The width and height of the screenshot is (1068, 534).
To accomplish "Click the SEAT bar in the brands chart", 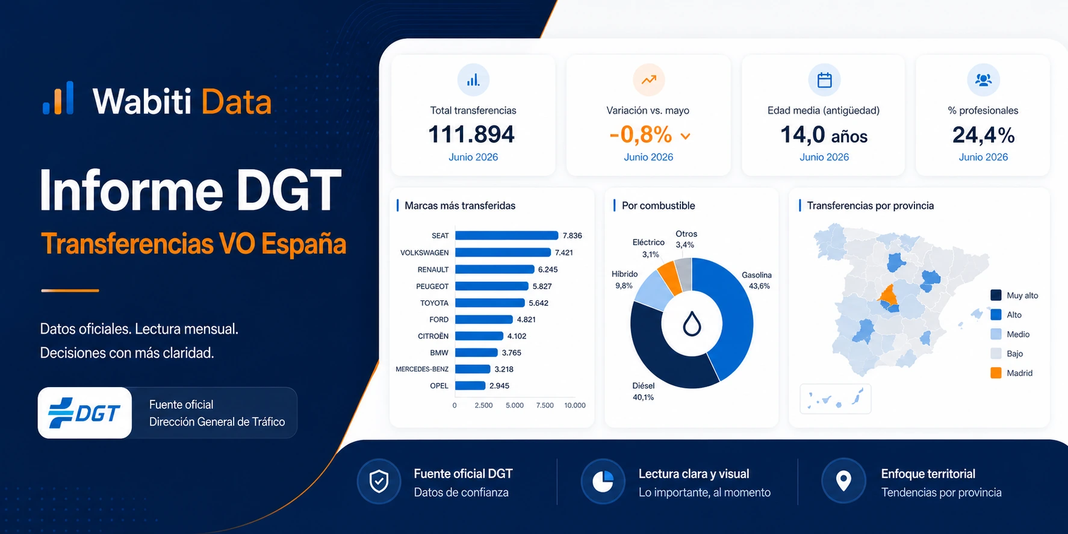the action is pos(506,235).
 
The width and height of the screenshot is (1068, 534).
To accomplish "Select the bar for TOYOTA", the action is pos(489,303).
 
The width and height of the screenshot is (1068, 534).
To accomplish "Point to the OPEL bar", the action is pos(470,386).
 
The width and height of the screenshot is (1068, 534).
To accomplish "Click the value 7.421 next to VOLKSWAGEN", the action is pos(564,253).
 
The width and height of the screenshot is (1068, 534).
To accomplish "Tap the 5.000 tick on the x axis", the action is pos(515,406).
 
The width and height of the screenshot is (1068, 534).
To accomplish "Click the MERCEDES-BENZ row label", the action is pos(422,369).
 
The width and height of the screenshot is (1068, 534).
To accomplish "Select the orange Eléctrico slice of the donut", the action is pos(669,277).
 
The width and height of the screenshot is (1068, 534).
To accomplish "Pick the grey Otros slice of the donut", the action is pos(684,274).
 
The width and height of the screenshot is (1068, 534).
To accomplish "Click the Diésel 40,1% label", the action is pos(643,391).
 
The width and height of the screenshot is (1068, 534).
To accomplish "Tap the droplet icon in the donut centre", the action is pos(692,324).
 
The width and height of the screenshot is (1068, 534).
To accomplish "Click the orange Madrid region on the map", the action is pos(888,295).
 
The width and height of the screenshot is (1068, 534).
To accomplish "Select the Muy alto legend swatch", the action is pos(996,295).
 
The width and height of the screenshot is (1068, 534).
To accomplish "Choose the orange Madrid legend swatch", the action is pos(996,373).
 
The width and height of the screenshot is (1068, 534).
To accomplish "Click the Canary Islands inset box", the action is pos(835,399).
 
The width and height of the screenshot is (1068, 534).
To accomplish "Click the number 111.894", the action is pos(471,134).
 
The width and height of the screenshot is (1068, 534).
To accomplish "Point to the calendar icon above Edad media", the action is pos(824,79).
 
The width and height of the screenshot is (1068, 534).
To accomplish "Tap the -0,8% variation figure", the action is pos(641,135).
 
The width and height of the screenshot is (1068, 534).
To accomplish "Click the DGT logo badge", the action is pos(85,413).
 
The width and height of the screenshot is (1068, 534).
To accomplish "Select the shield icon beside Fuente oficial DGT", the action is pos(379,482).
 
